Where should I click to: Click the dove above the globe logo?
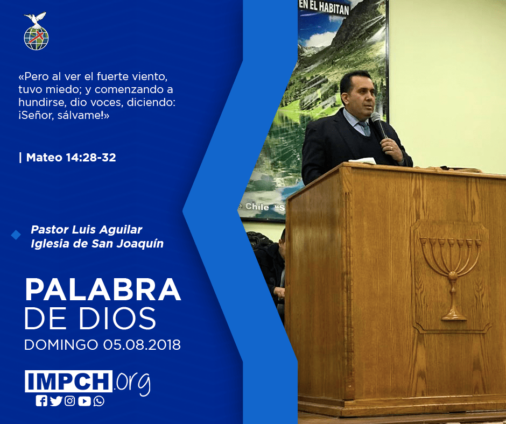coord(36,19)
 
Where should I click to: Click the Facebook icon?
coord(41,401)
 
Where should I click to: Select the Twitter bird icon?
coord(56,401)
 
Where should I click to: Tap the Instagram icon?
coord(69,401)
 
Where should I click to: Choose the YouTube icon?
coord(84,401)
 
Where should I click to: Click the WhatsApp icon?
coord(99,401)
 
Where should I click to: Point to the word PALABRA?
coord(103,290)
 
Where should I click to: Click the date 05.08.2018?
coord(142,344)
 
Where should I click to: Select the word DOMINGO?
coord(61,344)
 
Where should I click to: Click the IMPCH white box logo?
coord(68,381)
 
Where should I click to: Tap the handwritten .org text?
coord(132,383)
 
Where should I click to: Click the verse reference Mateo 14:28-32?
coord(71,158)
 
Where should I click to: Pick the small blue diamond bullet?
coord(16,235)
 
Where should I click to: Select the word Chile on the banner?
coord(257,207)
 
